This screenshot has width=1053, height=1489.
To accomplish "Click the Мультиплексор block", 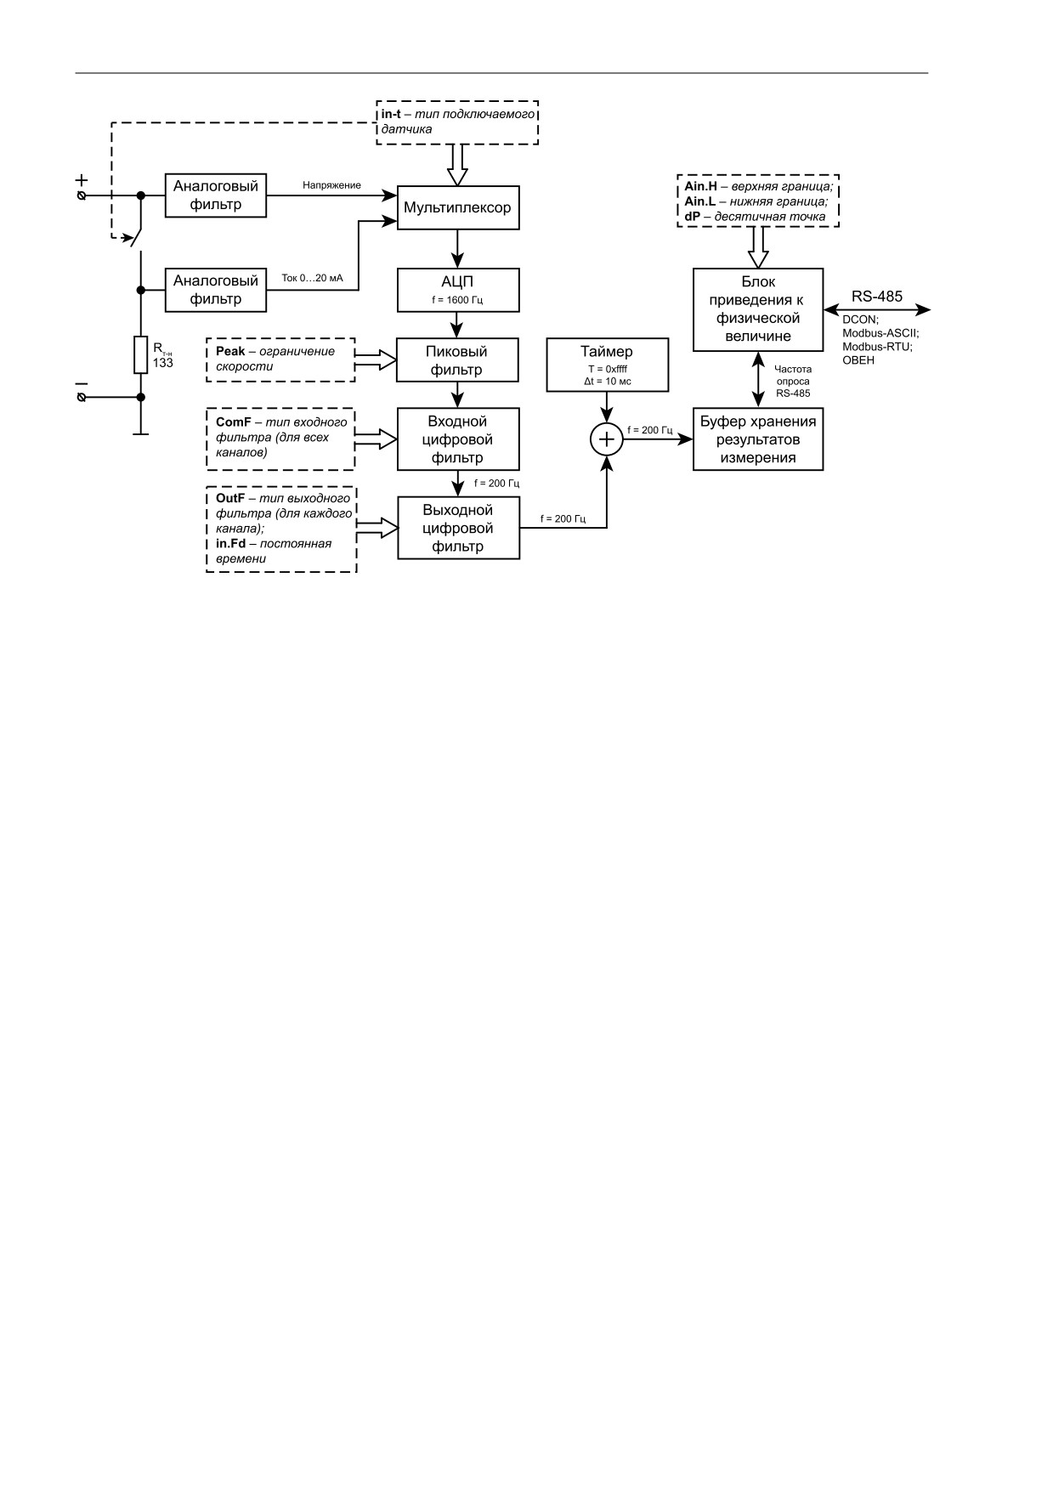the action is point(458,207).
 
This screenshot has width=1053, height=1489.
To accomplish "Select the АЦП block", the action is point(458,290).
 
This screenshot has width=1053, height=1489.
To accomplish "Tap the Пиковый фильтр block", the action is point(458,360).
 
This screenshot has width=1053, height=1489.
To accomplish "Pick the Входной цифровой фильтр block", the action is point(458,439).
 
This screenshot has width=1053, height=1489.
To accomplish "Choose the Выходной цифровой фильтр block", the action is point(458,528).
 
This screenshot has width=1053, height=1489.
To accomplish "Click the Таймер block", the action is point(607,365).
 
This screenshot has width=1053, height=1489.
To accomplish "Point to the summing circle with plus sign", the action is point(607,439).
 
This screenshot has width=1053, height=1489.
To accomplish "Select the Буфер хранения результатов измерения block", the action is point(758,439).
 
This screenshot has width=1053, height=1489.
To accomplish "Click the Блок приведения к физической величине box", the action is point(758,309).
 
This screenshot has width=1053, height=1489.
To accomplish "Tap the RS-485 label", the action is point(877,297).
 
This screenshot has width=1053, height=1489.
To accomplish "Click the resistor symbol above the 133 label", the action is point(141,355).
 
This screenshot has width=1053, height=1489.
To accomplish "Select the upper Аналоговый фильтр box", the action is point(216,195).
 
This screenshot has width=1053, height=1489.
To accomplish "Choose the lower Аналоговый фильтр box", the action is point(216,290).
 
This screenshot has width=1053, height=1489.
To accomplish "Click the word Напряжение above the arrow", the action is point(331,185).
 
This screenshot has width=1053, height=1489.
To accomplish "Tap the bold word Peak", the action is point(230,352).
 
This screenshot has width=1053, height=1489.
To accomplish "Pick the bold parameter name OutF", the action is point(232,498).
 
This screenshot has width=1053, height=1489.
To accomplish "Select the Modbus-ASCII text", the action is point(880,333).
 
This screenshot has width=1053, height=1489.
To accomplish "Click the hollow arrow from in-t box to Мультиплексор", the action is point(458,165).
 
